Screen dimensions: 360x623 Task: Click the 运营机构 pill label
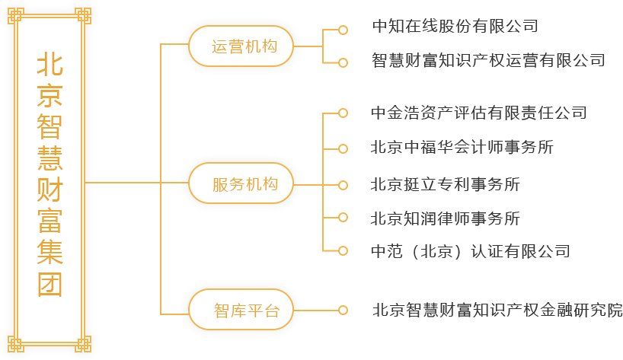click(241, 46)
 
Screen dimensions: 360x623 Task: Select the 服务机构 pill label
click(241, 183)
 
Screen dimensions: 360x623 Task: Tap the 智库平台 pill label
click(241, 311)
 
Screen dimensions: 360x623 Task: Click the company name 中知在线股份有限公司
click(455, 26)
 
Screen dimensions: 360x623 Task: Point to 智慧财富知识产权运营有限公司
click(487, 59)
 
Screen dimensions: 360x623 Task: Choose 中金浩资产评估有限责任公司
click(478, 113)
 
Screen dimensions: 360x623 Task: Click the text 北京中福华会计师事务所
click(462, 148)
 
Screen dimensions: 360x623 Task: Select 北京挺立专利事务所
click(445, 184)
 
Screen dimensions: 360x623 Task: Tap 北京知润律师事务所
click(445, 218)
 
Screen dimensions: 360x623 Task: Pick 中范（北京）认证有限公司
click(470, 251)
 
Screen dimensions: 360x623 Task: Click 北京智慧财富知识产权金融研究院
click(497, 311)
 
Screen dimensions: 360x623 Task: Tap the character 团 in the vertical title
click(50, 285)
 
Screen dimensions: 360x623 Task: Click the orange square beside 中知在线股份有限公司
click(343, 29)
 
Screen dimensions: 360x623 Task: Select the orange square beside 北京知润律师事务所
click(343, 218)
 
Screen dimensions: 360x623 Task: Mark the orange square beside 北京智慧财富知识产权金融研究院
click(343, 311)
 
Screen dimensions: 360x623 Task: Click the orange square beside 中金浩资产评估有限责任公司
click(343, 113)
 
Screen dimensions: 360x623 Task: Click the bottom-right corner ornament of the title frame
click(82, 345)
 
